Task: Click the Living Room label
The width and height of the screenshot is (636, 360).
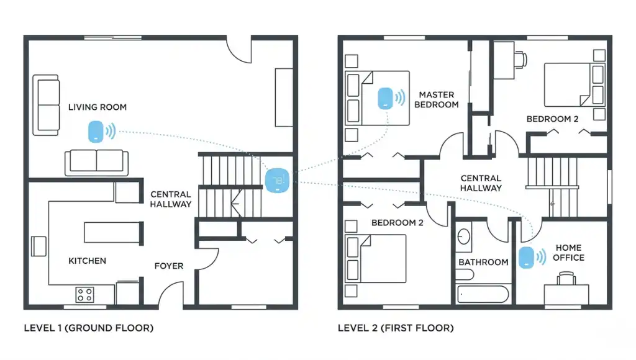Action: (97, 107)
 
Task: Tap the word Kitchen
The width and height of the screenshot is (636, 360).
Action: (87, 261)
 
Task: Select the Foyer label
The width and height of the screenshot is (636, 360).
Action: (169, 266)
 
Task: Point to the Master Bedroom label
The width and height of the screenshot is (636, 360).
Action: (436, 99)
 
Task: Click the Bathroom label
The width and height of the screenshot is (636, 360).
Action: (483, 262)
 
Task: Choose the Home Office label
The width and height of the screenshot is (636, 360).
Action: (568, 253)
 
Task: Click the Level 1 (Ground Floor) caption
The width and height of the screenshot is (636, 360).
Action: (88, 328)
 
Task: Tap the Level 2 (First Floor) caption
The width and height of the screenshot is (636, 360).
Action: (396, 328)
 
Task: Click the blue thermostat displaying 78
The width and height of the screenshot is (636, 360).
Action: (277, 181)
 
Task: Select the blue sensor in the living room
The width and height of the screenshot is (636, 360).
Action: (96, 131)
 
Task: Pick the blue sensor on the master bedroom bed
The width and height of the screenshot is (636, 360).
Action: (385, 98)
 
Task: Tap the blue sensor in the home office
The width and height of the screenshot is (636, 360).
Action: (525, 258)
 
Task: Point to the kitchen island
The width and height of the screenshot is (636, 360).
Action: (114, 233)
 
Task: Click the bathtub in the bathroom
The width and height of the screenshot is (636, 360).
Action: (483, 294)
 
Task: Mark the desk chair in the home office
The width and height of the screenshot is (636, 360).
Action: (565, 279)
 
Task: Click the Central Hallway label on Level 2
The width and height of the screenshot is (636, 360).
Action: (481, 183)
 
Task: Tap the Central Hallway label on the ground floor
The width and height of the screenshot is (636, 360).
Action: (171, 199)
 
